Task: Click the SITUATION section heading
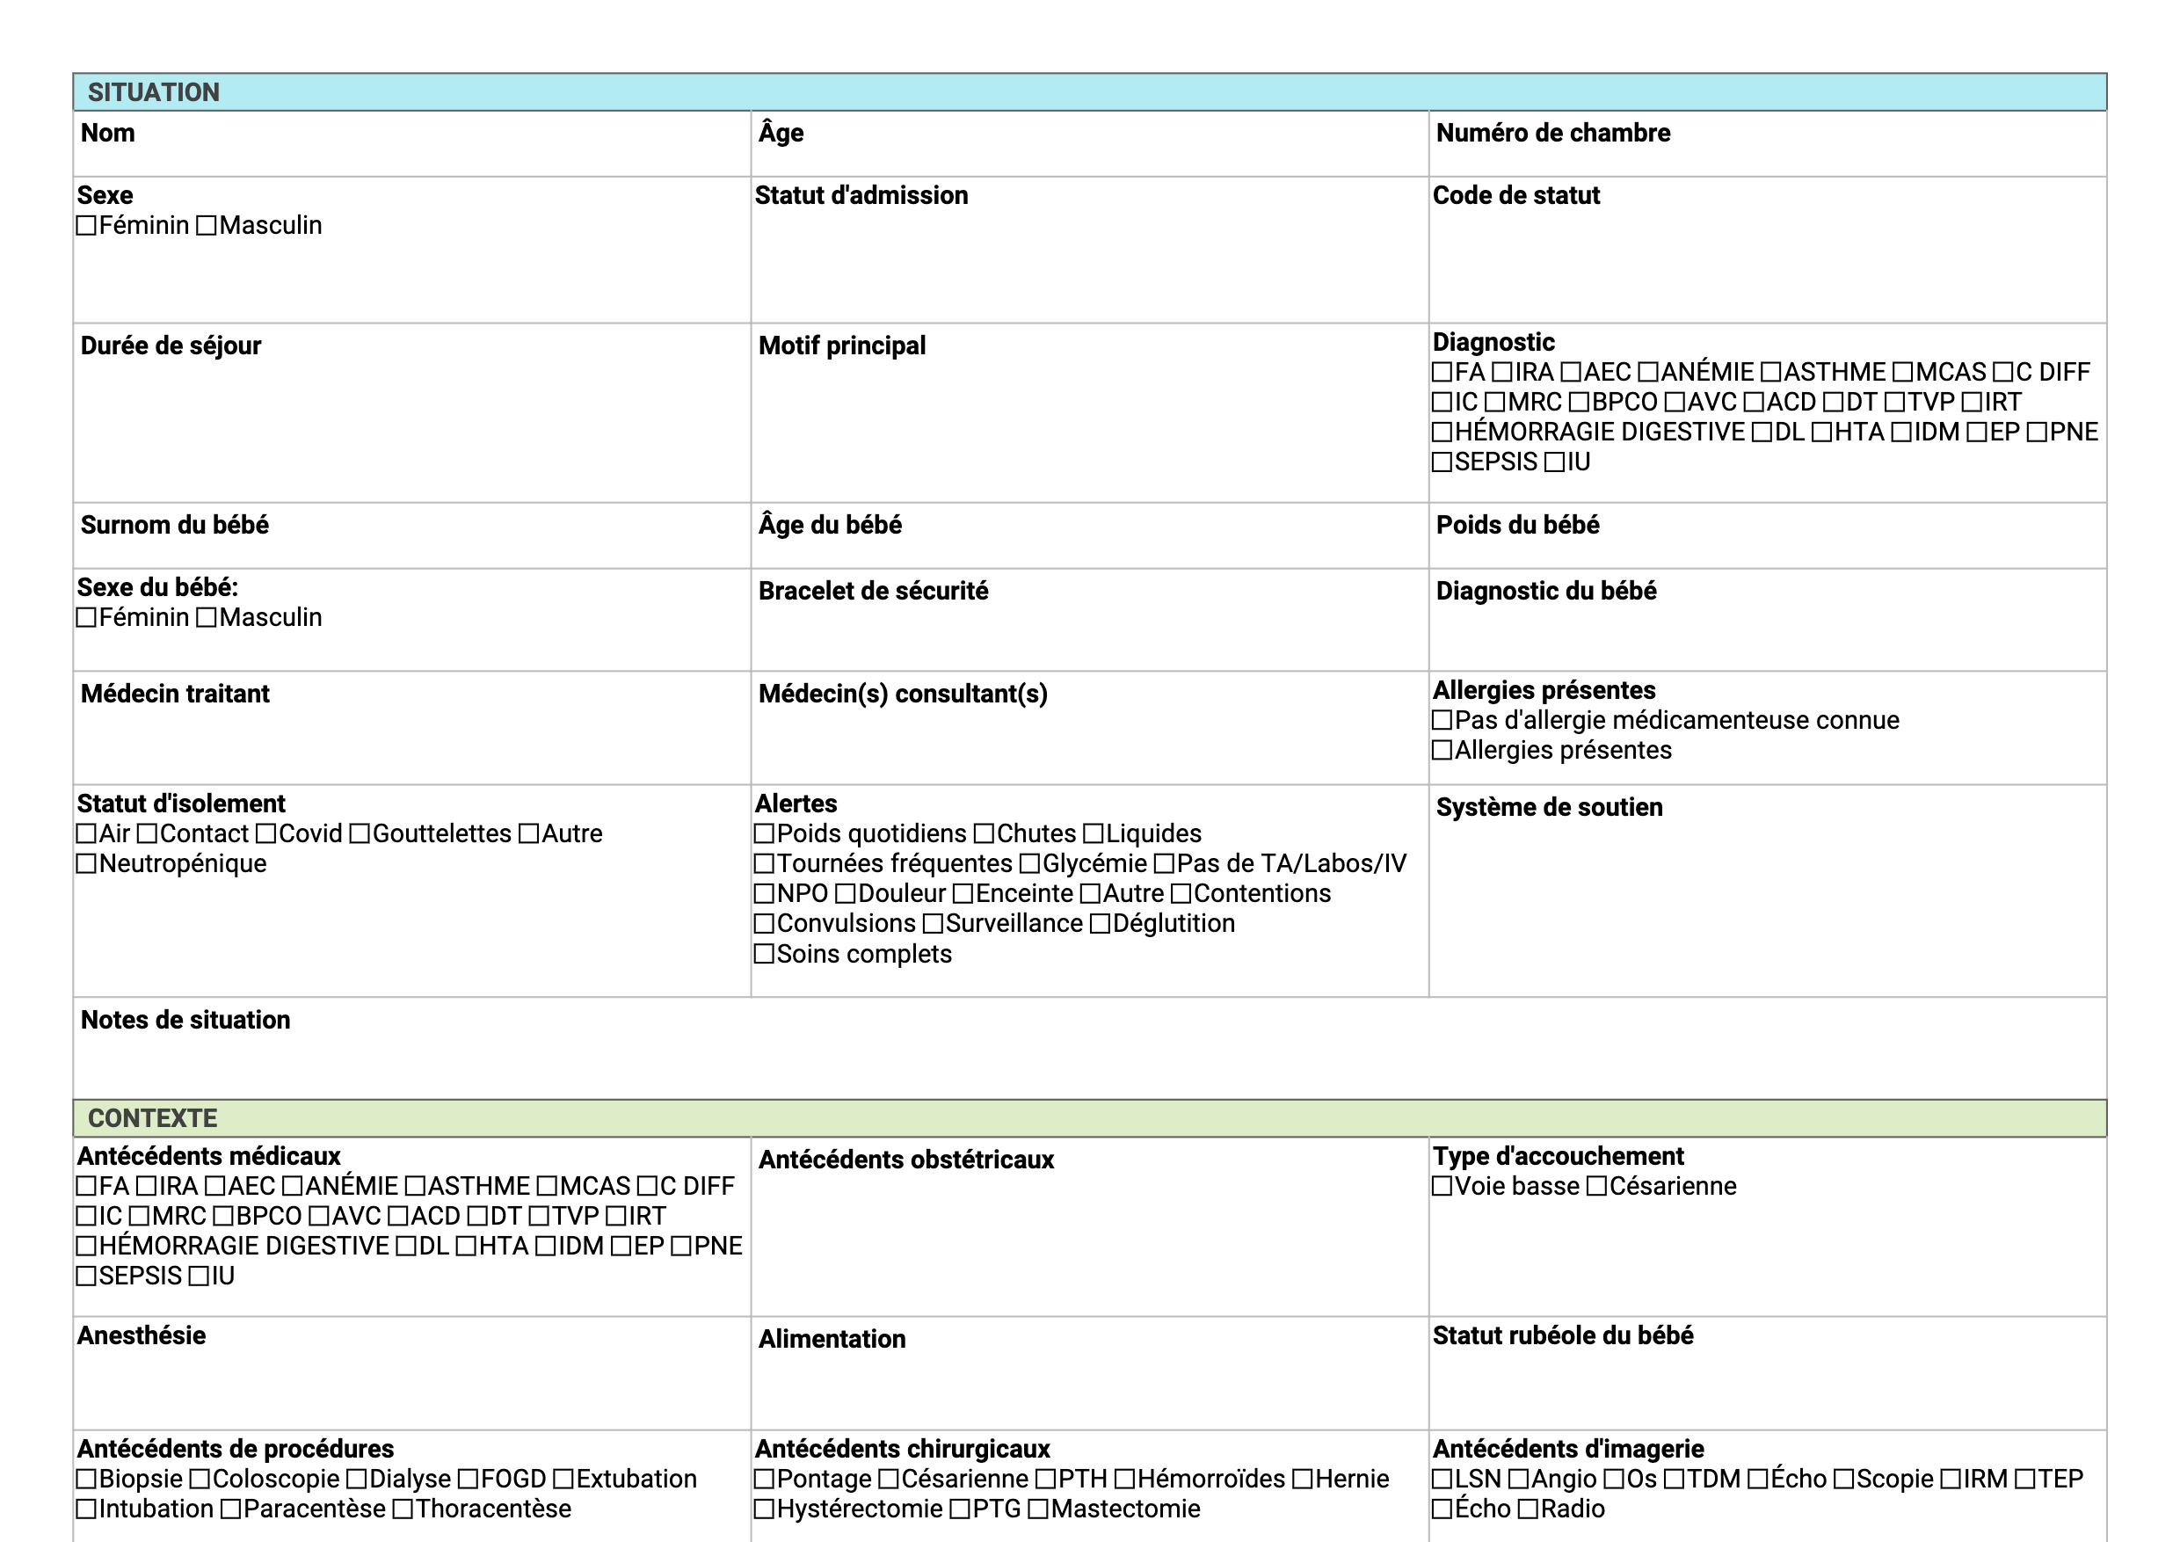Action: [153, 92]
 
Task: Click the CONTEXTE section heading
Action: [152, 1117]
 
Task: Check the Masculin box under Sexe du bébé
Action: [207, 618]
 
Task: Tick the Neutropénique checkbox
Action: [86, 864]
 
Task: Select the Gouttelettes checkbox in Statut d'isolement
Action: [360, 833]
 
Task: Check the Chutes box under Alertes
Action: [985, 833]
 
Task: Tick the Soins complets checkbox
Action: [765, 954]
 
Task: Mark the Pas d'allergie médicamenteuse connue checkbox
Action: [1442, 721]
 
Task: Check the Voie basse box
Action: [1442, 1187]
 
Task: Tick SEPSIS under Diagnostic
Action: [1442, 462]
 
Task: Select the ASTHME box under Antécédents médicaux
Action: [416, 1187]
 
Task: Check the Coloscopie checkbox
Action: [200, 1480]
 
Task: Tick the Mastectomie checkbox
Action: [1039, 1509]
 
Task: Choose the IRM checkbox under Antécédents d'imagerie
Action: [1951, 1480]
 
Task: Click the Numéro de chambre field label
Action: [1552, 133]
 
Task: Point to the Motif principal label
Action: [841, 345]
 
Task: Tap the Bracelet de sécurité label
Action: [873, 591]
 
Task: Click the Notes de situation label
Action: [185, 1020]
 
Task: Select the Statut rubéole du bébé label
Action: [1562, 1335]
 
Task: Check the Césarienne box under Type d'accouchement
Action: [1597, 1187]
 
